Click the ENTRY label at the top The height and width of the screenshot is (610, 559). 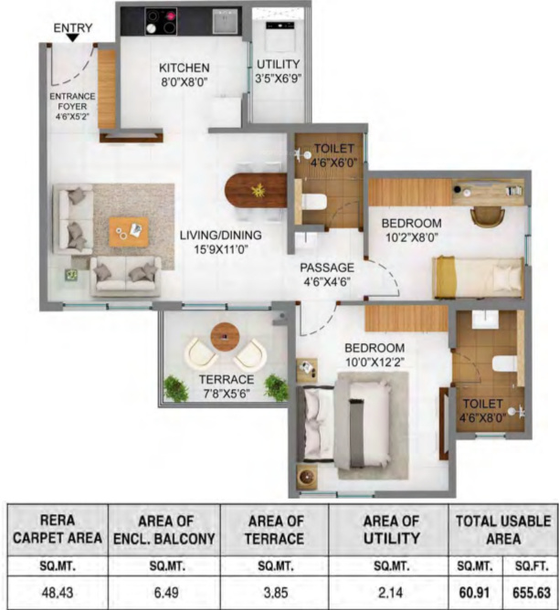(x=72, y=27)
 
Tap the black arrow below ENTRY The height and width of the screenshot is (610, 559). (x=72, y=39)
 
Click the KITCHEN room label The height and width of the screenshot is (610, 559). (x=185, y=68)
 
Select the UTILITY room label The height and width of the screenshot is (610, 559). (x=278, y=64)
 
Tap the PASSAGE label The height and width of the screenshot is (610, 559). (x=327, y=267)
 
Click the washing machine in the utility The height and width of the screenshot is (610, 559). (x=278, y=34)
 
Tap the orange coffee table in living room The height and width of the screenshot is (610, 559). (x=128, y=231)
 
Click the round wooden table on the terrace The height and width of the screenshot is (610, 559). (x=224, y=336)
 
